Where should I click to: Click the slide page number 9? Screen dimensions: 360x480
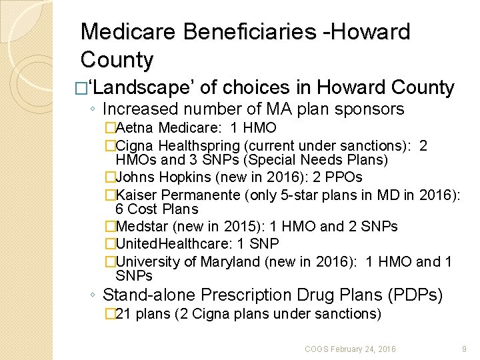click(464, 348)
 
